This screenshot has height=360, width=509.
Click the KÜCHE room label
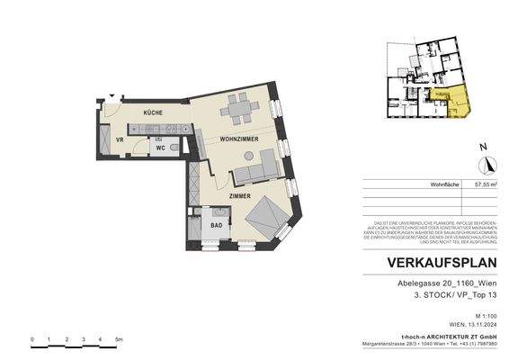150,112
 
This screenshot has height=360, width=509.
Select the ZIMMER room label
239,195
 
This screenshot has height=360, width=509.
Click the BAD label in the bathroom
205,226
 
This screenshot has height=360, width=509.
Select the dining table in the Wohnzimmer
239,111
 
